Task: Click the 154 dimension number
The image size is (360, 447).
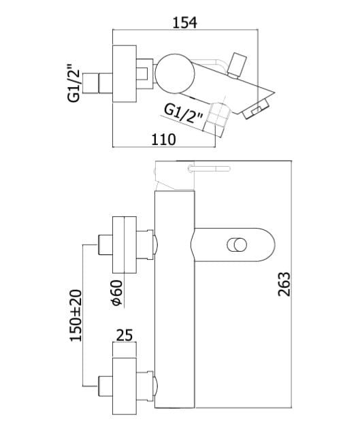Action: click(184, 22)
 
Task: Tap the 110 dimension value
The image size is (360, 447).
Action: click(163, 139)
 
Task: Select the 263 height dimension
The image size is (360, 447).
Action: click(284, 284)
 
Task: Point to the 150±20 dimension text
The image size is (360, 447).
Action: click(76, 316)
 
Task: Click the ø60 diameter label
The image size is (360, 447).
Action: click(117, 293)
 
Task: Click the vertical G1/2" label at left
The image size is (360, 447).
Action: click(73, 82)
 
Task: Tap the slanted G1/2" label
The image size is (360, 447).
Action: click(184, 114)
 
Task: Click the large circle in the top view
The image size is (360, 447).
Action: click(176, 73)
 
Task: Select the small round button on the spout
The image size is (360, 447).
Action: click(237, 245)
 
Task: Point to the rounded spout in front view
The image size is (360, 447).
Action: click(234, 245)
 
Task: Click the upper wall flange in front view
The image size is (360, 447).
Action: click(125, 245)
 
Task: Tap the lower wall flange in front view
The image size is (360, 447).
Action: click(125, 386)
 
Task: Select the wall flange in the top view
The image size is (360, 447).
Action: click(125, 73)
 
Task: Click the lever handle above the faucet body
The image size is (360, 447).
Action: click(209, 169)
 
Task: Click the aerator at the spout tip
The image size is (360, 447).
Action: click(257, 110)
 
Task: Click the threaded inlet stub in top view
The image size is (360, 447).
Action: click(97, 83)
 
